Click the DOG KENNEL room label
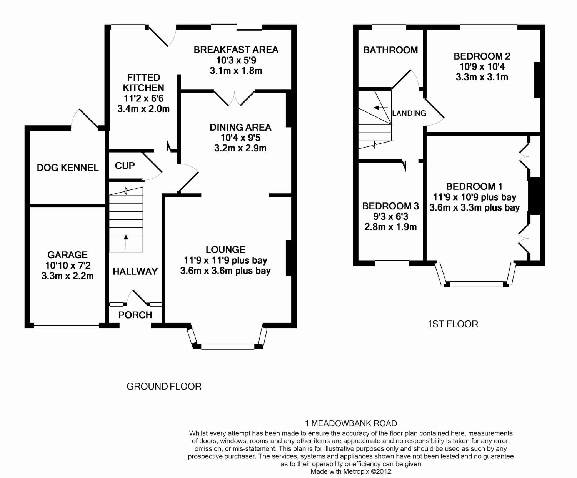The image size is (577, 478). pos(68,168)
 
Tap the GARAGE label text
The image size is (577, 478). pos(67,255)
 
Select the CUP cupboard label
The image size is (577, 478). pos(125,166)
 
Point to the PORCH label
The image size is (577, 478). pos(135,315)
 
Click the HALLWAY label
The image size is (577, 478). pos(135,271)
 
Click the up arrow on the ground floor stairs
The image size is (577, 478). pos(126,241)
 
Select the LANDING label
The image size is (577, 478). pos(409,113)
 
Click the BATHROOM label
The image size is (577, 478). pos(390,50)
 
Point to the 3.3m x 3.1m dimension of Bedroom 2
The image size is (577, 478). pos(482,77)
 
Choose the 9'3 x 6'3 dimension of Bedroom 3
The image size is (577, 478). pos(390,216)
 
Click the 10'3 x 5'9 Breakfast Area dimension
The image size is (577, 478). pos(236,60)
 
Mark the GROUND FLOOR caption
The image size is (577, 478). pos(164,387)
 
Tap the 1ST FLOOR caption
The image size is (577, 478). pos(453,324)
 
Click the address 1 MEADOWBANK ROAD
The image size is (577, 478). pos(351,423)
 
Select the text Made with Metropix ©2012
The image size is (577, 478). pos(351,471)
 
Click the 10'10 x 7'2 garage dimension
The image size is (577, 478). pos(68,266)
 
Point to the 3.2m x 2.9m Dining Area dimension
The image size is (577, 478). pos(240,148)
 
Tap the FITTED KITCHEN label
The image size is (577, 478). pos(143,83)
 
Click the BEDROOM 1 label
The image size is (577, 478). pos(474,187)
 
